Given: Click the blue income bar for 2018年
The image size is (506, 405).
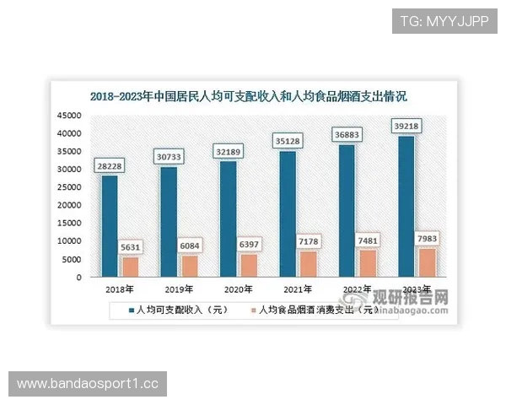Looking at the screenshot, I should pos(110,226).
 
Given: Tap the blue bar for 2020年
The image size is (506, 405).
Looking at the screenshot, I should pos(229,219).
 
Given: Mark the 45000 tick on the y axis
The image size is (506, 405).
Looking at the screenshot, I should pos(69,116).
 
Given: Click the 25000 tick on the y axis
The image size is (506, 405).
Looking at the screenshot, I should pos(69,187).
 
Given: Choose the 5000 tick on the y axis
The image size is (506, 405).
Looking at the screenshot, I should pos(72,259).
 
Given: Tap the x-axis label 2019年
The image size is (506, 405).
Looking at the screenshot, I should pos(179,289).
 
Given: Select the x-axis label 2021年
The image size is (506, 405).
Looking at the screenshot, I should pos(298,289).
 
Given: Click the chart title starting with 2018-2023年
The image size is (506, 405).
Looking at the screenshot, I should pos(253,95).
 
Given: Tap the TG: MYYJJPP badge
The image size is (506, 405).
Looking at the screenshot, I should pos(444,20).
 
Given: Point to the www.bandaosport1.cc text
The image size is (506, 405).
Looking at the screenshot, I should pos(88,384).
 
